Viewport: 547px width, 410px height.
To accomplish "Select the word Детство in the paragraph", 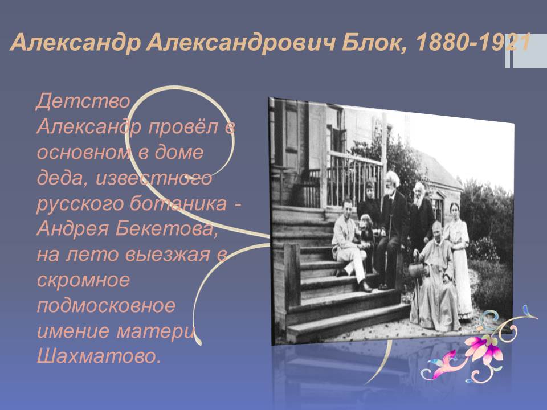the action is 83,101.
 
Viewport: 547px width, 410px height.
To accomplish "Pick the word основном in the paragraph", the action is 83,153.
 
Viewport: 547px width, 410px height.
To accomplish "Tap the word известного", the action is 154,178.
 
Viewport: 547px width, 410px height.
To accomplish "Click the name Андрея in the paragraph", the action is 72,229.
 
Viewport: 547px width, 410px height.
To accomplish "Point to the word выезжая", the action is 167,255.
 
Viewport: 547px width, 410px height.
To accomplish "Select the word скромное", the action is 83,280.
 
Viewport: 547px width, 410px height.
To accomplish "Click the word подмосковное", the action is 106,306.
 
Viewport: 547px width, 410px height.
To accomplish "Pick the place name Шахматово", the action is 99,356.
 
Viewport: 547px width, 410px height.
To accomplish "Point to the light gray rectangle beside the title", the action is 529,51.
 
